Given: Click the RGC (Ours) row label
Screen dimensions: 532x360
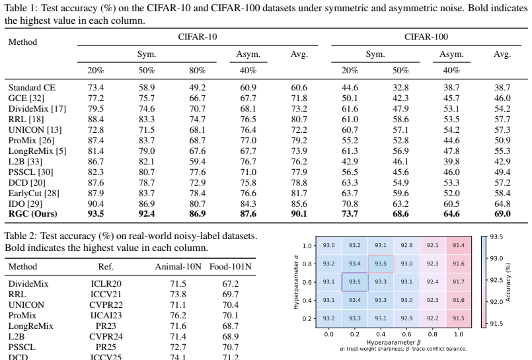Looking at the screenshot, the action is click(x=33, y=214).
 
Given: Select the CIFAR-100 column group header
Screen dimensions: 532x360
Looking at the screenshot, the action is click(x=426, y=36).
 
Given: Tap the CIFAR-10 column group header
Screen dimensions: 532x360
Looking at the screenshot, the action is click(x=198, y=36).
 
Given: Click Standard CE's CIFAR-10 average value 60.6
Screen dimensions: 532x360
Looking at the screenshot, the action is click(x=299, y=87).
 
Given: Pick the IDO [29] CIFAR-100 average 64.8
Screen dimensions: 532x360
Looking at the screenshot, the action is click(x=502, y=203).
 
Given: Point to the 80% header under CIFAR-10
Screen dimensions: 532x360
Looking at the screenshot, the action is click(x=198, y=71).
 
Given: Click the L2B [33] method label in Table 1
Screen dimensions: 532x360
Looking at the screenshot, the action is click(x=26, y=161).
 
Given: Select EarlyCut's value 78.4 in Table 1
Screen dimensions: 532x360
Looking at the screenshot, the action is click(x=198, y=194).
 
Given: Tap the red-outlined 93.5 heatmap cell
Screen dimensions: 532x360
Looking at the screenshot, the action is click(x=381, y=264).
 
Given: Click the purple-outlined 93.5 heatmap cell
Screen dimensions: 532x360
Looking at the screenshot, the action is click(x=354, y=282).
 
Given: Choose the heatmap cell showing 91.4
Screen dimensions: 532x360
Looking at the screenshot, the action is click(x=459, y=245).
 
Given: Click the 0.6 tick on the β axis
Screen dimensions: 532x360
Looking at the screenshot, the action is click(x=406, y=334).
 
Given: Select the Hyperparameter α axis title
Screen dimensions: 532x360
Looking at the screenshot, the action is click(x=296, y=282).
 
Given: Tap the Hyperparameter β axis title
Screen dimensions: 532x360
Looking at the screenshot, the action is click(x=394, y=342).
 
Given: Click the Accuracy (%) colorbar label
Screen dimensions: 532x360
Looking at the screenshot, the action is click(x=508, y=282).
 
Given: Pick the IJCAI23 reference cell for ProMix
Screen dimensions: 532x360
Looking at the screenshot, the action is click(x=106, y=315).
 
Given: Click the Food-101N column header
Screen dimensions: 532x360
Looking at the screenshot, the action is click(x=231, y=267).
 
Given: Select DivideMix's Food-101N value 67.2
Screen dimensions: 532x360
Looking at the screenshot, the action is click(x=231, y=284).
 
